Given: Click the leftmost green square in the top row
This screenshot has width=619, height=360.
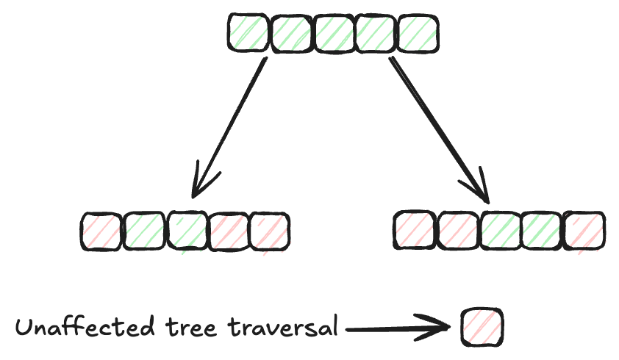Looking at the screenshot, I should coord(248,34).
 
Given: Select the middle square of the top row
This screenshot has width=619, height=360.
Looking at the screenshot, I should coord(334,34).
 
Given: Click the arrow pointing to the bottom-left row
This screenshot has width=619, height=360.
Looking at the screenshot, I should coord(227,129).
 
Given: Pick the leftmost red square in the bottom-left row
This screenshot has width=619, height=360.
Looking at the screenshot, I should coord(100,231).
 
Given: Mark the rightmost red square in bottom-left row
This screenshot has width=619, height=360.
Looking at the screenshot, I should coord(270,231).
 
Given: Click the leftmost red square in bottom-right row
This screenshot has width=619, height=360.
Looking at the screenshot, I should coord(415,231).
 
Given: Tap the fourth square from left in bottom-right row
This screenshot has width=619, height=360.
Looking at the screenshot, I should coord(543,231).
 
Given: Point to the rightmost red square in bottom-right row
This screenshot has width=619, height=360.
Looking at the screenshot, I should coord(584,231).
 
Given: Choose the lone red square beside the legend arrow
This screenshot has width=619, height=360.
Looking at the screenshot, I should coord(482,325).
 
